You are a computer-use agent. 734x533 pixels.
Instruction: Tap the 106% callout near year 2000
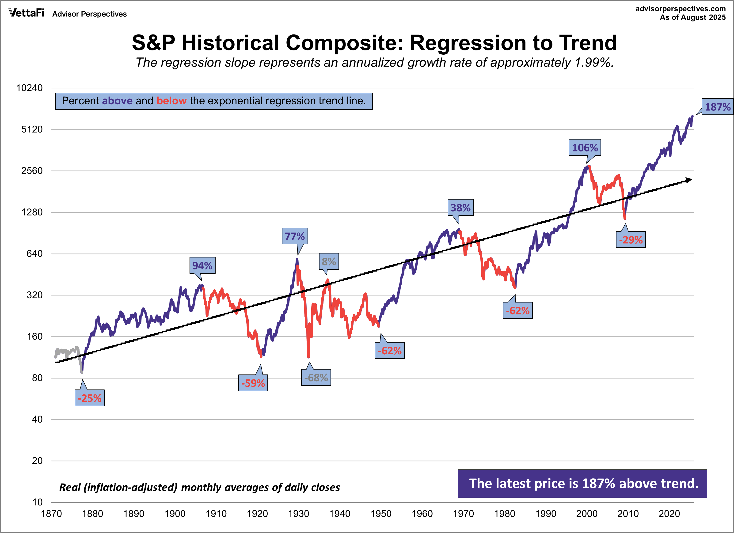pyautogui.click(x=585, y=148)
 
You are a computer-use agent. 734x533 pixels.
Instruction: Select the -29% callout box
pyautogui.click(x=631, y=240)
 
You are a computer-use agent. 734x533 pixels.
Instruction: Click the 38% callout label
pyautogui.click(x=460, y=208)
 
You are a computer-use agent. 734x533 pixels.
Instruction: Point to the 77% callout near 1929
pyautogui.click(x=294, y=236)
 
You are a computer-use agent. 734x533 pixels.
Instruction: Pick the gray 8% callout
pyautogui.click(x=329, y=261)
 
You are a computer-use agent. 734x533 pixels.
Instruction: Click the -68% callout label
pyautogui.click(x=316, y=378)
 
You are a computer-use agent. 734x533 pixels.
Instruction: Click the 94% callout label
pyautogui.click(x=202, y=265)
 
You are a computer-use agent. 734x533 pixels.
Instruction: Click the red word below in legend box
pyautogui.click(x=171, y=101)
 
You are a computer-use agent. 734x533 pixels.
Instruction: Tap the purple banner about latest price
pyautogui.click(x=582, y=484)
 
